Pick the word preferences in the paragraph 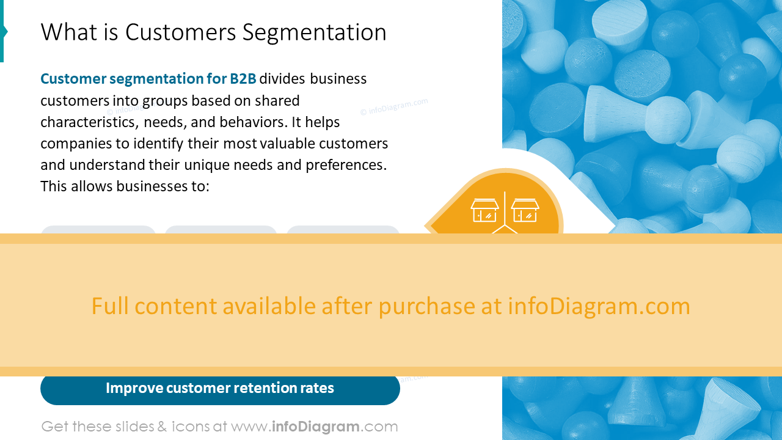346,166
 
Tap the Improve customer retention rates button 220,389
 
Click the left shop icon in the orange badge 485,211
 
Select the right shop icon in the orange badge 525,211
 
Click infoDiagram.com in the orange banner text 599,306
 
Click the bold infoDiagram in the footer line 315,427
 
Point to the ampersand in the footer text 162,427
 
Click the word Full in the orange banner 111,306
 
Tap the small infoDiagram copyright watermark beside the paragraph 394,107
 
